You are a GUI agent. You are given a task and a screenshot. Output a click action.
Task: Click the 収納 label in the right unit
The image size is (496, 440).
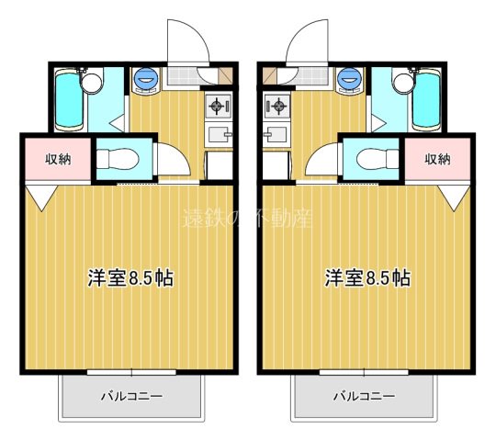click(438, 158)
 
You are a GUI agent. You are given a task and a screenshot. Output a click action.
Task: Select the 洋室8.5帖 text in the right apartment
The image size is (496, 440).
click(366, 277)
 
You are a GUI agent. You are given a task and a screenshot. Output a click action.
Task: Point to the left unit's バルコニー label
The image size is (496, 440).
click(131, 397)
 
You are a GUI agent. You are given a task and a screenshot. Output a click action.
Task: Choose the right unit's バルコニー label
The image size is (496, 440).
click(364, 397)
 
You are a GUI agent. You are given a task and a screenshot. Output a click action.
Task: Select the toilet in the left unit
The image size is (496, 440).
click(118, 157)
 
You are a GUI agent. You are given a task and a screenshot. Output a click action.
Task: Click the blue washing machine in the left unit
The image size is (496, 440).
click(145, 79)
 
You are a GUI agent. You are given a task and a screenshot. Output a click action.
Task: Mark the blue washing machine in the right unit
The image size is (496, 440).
click(350, 79)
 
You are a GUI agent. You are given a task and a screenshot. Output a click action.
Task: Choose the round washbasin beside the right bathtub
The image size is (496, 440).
click(403, 83)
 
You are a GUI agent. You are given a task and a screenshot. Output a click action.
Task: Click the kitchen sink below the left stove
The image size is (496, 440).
click(219, 136)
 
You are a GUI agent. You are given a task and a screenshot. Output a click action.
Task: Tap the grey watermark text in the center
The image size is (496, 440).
click(248, 220)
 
